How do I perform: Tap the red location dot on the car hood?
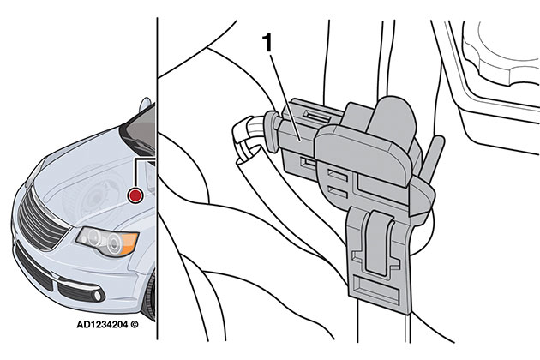click(134, 196)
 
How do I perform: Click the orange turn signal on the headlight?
click(127, 243)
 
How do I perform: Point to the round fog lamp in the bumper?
click(97, 296)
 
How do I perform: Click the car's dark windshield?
click(136, 129)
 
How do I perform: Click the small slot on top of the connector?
click(316, 112)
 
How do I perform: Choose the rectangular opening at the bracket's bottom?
click(381, 282)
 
